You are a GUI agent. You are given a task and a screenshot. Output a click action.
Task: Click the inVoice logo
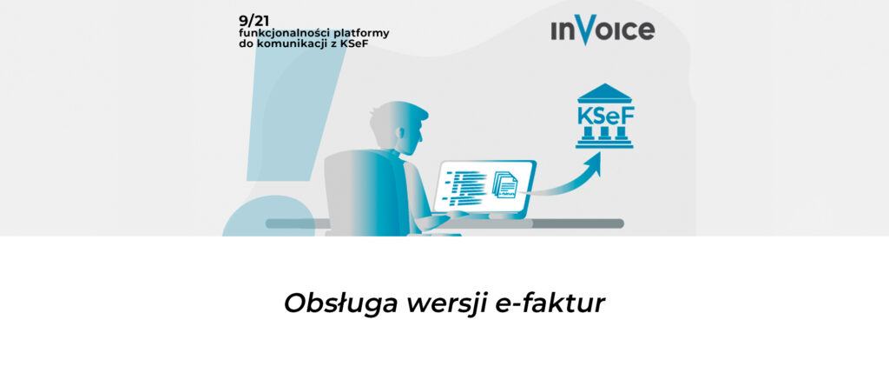pos(603,30)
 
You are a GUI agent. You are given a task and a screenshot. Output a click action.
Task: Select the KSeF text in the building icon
pos(604,115)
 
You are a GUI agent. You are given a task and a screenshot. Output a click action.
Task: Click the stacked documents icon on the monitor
pos(504,183)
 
